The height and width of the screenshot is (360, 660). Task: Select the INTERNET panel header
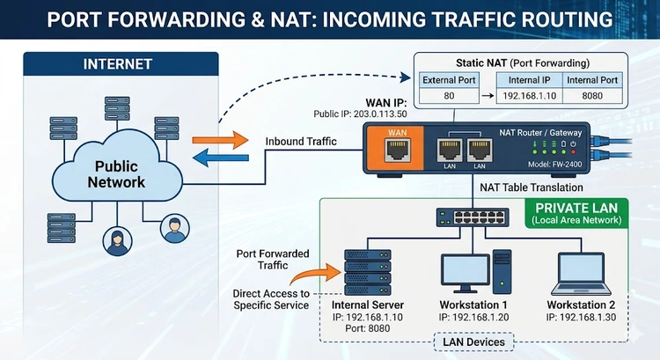point(118,64)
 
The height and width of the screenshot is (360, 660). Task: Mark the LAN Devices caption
point(473,341)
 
